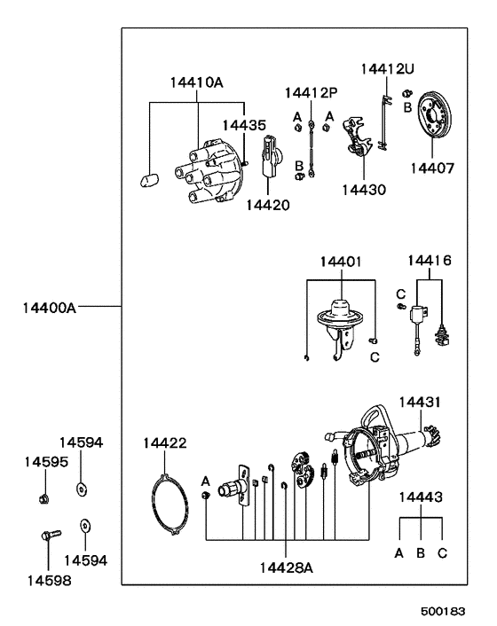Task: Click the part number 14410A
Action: pyautogui.click(x=196, y=83)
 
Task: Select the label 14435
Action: pyautogui.click(x=243, y=126)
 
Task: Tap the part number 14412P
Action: pyautogui.click(x=312, y=92)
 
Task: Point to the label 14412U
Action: pyautogui.click(x=387, y=68)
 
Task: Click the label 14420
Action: pyautogui.click(x=267, y=205)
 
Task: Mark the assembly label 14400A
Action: pyautogui.click(x=50, y=309)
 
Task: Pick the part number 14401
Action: pyautogui.click(x=341, y=262)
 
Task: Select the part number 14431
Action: pyautogui.click(x=420, y=403)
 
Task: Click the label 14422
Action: pyautogui.click(x=165, y=442)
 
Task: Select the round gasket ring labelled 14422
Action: pyautogui.click(x=168, y=505)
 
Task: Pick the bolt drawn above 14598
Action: pyautogui.click(x=49, y=536)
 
